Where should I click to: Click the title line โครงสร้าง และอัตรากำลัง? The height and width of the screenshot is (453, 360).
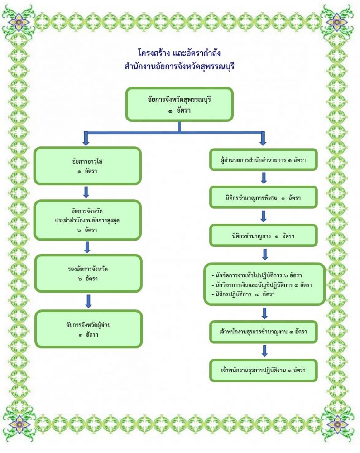179,53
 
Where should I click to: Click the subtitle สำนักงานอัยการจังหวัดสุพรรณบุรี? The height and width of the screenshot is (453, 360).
179,67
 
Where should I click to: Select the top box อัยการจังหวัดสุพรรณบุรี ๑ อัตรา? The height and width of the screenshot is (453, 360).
179,104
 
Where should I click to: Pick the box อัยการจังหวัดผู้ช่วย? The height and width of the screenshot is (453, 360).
88,328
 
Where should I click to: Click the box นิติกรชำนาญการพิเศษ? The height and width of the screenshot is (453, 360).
263,198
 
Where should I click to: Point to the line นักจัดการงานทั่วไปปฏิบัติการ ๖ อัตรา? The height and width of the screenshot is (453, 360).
257,275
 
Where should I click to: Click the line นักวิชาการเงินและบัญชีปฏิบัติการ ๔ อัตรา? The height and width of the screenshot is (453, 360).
262,285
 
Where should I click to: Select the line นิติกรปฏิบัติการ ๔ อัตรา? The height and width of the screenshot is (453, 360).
245,294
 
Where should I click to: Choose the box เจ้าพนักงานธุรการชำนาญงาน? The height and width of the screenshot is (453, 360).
263,332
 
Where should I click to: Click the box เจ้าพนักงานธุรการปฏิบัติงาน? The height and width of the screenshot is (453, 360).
263,370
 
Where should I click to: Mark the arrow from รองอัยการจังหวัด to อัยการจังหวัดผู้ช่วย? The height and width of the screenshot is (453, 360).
88,301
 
